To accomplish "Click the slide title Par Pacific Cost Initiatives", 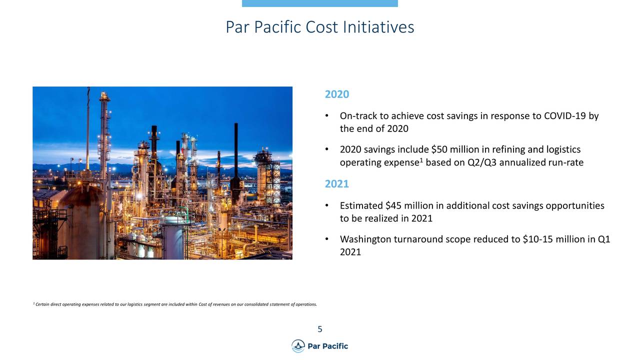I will coord(319,27).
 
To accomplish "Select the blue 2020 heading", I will coord(336,94).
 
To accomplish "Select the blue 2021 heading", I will coord(336,184).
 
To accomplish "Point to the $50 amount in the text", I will coord(438,150).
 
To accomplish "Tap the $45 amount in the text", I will coord(393,206).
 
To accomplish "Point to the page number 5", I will coord(319,329).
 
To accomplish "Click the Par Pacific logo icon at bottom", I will coord(298,346).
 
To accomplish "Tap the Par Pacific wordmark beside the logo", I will coord(328,346).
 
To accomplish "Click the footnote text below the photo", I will coord(174,304).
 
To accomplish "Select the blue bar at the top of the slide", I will coord(319,3).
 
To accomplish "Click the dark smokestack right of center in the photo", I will coord(236,155).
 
